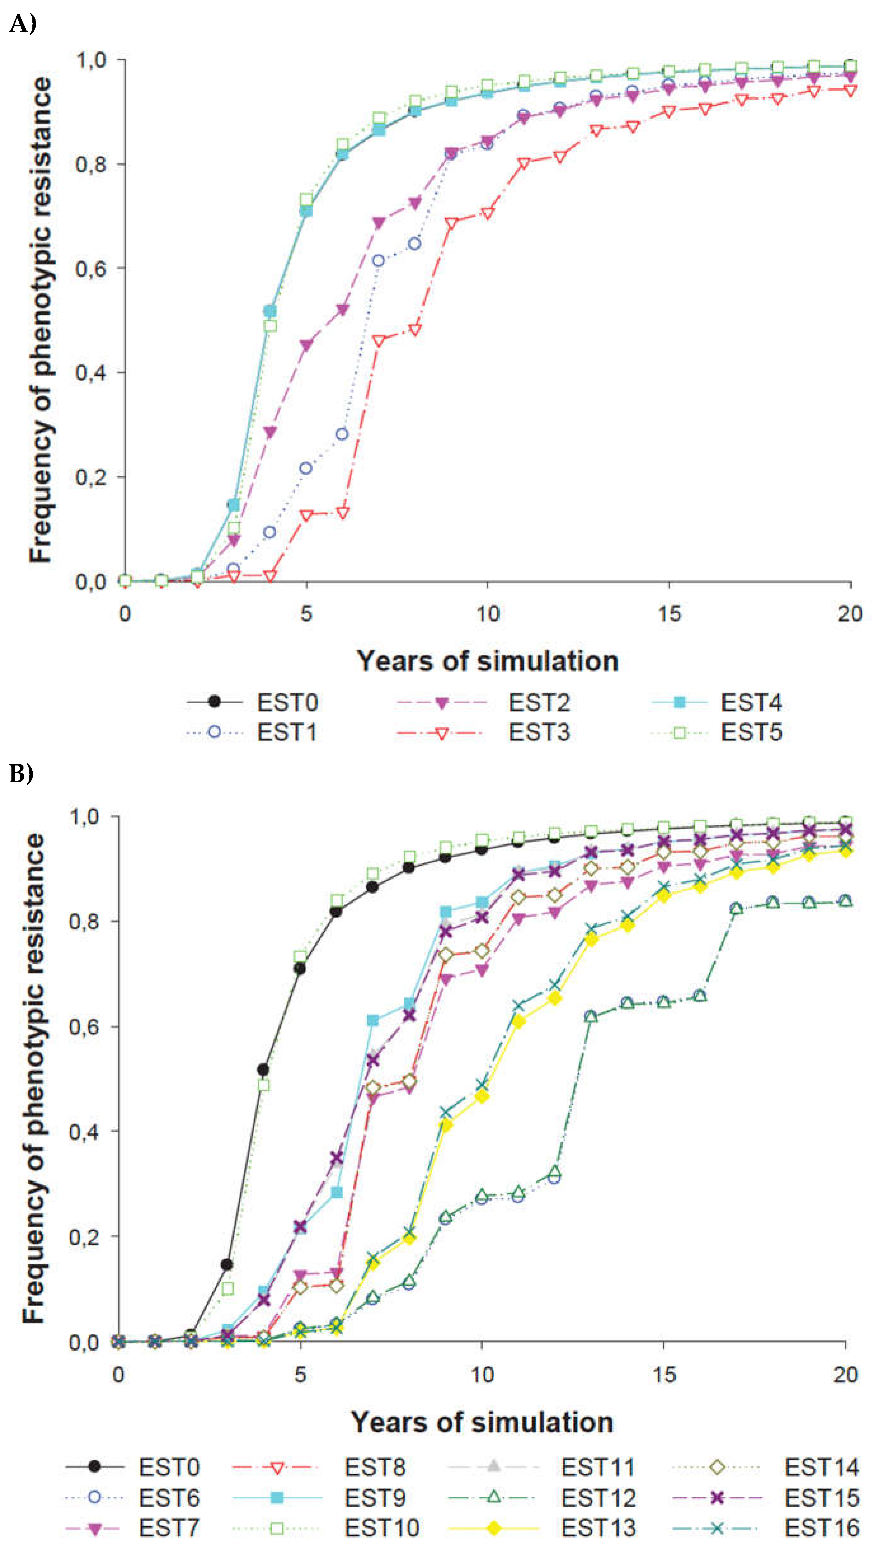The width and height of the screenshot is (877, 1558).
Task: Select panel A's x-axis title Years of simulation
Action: [x=487, y=661]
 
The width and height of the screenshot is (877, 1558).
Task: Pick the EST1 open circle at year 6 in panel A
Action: [x=342, y=434]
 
